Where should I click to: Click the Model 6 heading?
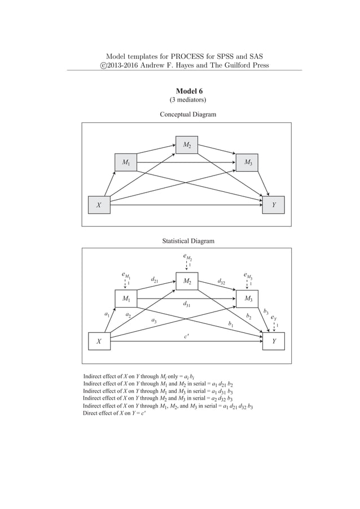[188, 91]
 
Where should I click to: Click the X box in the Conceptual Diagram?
[99, 205]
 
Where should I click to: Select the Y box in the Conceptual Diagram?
[274, 205]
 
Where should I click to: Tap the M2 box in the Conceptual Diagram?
[186, 145]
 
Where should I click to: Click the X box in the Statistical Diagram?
[99, 341]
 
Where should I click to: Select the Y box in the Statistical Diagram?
[274, 341]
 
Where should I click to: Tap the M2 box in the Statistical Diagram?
[186, 280]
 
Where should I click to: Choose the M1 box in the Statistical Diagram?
[126, 299]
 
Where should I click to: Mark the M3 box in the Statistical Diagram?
[248, 299]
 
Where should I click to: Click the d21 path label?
[155, 280]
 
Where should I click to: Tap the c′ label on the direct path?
[186, 336]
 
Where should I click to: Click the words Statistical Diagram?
[188, 241]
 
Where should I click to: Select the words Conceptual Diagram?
[188, 115]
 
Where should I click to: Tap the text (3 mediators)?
[188, 101]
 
